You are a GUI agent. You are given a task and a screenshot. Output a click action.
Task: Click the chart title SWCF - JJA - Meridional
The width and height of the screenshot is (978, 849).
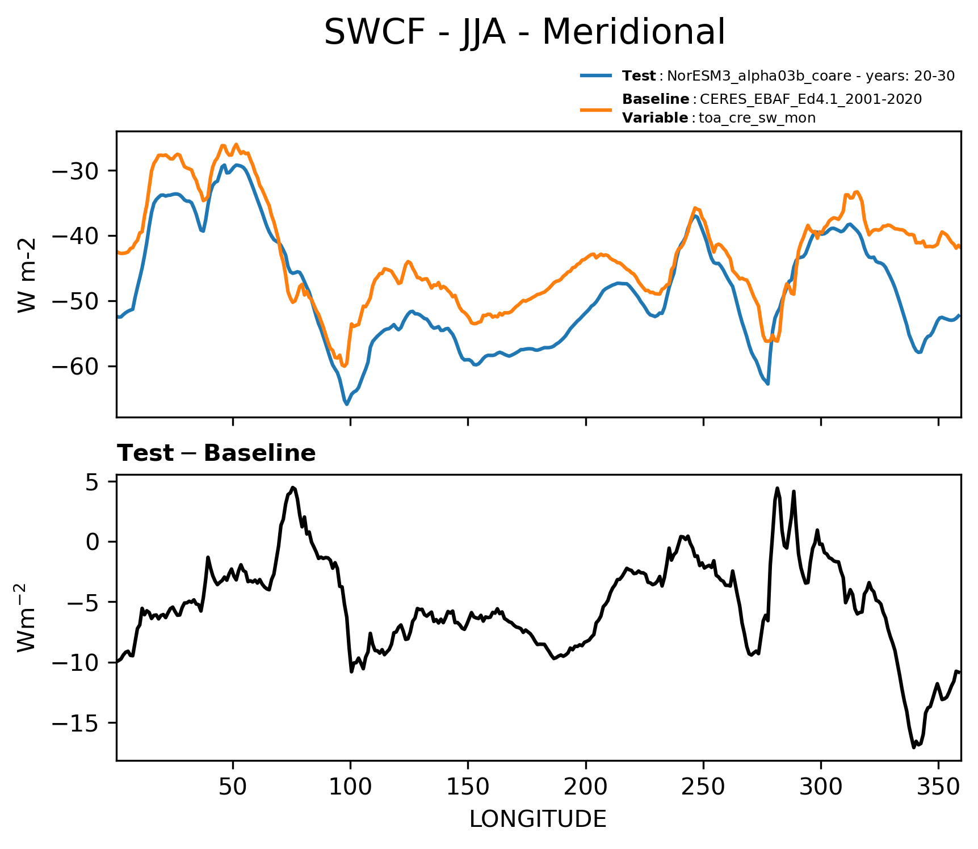coord(524,32)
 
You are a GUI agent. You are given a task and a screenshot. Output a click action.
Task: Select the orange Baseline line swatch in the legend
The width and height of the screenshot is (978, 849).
coord(596,109)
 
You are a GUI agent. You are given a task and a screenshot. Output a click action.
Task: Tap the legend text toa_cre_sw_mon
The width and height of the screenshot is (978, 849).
coord(757,118)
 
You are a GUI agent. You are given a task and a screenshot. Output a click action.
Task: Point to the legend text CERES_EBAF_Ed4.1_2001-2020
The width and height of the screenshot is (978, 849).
coord(811,99)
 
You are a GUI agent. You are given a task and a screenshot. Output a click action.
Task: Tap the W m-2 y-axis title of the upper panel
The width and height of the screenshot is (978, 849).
coord(27,275)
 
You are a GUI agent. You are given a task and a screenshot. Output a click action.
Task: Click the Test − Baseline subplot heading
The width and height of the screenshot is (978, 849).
coord(216,453)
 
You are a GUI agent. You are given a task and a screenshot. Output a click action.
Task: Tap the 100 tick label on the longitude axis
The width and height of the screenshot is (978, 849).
coord(350,787)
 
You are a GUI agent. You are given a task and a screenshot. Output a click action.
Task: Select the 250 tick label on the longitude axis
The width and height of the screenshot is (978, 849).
coord(703,787)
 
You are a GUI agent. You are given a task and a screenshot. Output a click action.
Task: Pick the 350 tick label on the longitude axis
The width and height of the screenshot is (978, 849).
coord(938,787)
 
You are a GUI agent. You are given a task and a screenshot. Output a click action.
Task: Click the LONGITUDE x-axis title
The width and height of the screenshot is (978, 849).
coord(538,819)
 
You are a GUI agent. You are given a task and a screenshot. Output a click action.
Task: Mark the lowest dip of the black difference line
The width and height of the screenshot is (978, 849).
coord(914,747)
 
